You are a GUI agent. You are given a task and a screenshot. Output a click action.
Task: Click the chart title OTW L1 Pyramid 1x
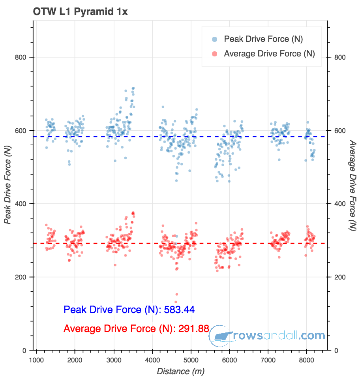(x=80, y=12)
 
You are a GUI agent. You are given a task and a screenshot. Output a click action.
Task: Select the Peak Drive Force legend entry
(x=263, y=39)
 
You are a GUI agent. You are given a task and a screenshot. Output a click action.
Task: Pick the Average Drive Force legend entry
(x=269, y=54)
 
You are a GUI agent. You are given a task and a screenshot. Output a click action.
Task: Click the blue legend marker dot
(x=215, y=39)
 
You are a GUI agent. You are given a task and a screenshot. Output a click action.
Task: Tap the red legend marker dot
(x=215, y=54)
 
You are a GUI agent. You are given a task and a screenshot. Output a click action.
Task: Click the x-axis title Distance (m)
(x=180, y=371)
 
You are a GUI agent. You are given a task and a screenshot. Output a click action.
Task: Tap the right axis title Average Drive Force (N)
(x=352, y=186)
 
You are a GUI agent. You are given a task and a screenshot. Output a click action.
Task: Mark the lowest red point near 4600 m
(x=176, y=302)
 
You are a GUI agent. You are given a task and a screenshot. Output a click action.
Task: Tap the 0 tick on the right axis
(x=336, y=351)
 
